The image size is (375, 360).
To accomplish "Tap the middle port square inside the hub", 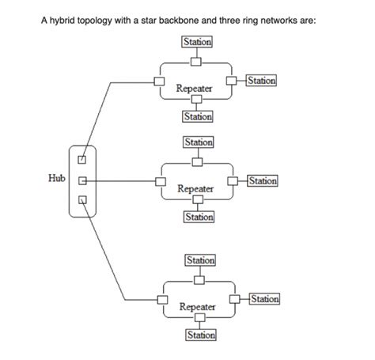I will coord(80,181).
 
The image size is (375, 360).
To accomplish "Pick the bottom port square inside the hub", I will coord(80,199).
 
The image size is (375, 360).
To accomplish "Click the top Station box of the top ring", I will coord(197,41).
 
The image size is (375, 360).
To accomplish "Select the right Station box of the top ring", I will coord(262,80).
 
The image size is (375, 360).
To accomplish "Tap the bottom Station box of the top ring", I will coord(197,116).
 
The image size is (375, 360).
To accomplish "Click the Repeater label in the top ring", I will coord(195,89).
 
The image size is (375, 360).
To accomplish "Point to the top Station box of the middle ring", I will coord(197,142).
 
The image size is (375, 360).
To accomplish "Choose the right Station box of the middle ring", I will coord(263,181).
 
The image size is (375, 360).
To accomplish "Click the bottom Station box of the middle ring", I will coord(197,217).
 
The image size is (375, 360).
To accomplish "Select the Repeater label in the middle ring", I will coord(195,189).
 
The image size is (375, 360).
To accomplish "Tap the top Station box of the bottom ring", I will coord(199,260).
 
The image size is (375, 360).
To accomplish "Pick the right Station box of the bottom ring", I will coord(264,298).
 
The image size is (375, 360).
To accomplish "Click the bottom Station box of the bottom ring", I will coord(199,335).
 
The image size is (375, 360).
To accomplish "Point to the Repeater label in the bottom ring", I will coord(197,306).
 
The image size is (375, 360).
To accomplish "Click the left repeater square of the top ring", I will coord(159,81).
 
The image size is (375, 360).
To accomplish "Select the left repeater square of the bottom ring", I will coord(161,299).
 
